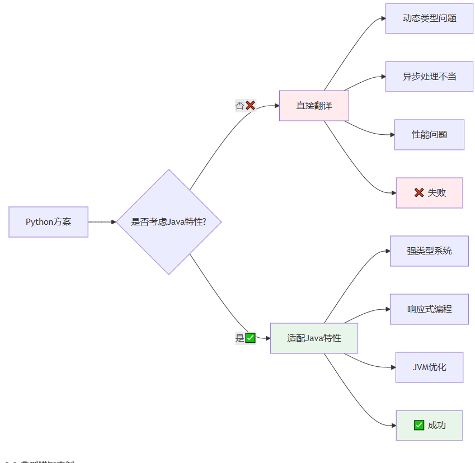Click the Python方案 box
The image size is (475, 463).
(x=49, y=222)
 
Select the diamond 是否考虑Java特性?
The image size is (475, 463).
(x=169, y=222)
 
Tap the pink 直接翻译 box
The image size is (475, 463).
(x=314, y=105)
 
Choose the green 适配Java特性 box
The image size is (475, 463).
(x=314, y=338)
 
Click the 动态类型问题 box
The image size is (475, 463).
(x=429, y=18)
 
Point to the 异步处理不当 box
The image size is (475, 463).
(x=429, y=77)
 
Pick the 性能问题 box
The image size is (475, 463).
(x=429, y=135)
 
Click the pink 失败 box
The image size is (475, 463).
(x=429, y=193)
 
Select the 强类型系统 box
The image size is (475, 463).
(x=429, y=251)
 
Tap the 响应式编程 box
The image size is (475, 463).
(x=429, y=309)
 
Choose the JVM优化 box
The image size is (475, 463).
(x=429, y=367)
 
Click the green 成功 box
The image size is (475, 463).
(x=429, y=426)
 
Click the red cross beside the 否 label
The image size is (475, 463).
(x=250, y=105)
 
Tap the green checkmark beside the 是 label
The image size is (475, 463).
(x=250, y=338)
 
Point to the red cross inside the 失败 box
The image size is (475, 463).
(x=419, y=193)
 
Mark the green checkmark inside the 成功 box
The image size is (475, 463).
(x=419, y=426)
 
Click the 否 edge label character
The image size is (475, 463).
(x=239, y=105)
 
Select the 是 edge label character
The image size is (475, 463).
(x=239, y=338)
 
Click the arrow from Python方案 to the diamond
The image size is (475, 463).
(x=102, y=222)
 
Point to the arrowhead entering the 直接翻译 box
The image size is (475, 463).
(x=276, y=105)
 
